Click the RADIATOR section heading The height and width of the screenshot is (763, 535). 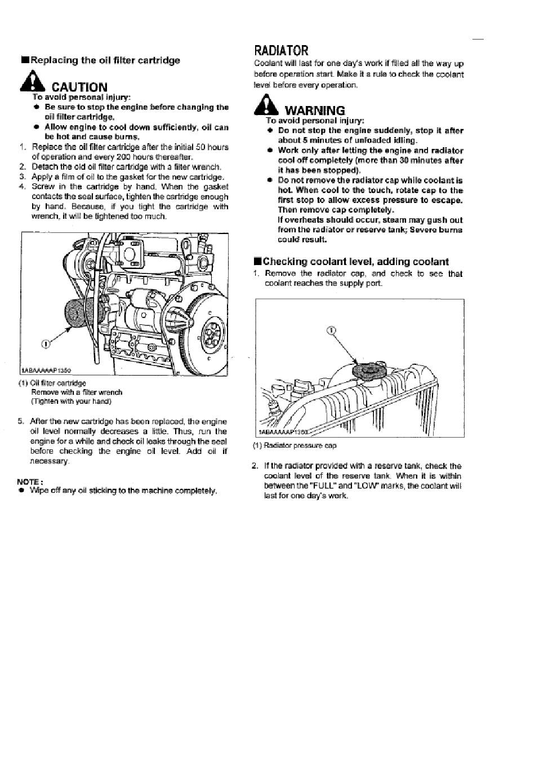coord(281,51)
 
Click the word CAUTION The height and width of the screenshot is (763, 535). coord(79,87)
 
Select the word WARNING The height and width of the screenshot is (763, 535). coord(315,111)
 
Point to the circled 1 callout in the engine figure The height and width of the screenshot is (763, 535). coord(46,345)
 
